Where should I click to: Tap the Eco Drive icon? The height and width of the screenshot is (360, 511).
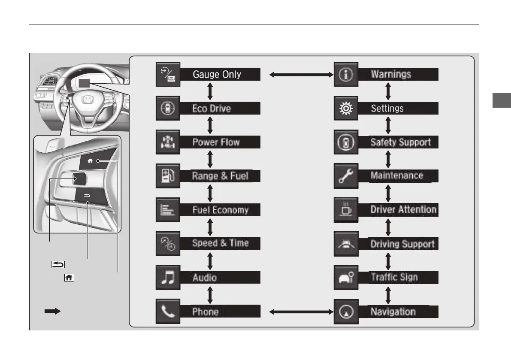168,109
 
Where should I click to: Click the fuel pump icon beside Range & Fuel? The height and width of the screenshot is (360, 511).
168,176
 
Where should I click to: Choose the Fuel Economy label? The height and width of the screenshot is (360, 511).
220,210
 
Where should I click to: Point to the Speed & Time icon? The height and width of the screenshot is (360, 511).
168,244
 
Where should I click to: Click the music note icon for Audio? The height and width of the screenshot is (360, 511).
168,278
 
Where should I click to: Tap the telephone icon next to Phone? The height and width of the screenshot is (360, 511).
168,312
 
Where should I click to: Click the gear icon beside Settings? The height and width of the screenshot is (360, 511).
346,109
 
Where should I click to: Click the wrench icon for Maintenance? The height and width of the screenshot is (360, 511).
346,176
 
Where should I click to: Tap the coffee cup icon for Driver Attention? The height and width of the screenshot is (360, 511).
346,210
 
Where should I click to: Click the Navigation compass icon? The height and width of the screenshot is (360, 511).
346,312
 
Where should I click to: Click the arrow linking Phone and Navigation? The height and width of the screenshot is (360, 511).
302,312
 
